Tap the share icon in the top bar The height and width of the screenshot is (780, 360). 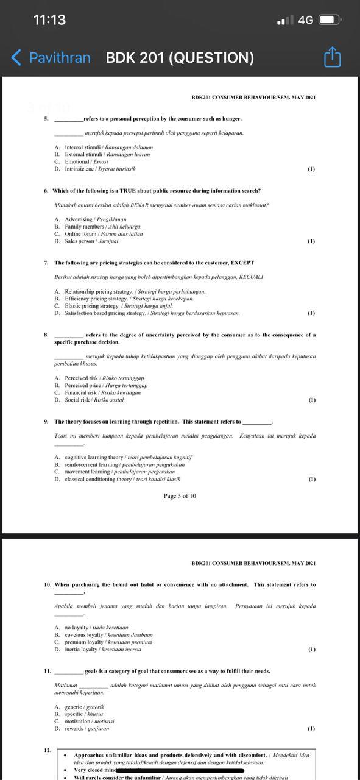(x=332, y=57)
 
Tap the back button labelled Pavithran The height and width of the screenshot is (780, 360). (x=51, y=58)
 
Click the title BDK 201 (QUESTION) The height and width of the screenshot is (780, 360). (x=180, y=58)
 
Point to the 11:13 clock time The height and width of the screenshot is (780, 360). (x=49, y=20)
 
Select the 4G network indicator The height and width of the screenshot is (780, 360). (x=305, y=20)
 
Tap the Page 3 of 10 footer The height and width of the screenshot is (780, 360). (x=180, y=496)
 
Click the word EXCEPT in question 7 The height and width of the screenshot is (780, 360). (x=242, y=263)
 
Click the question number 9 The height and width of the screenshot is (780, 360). (x=46, y=421)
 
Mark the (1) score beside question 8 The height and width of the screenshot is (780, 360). (x=311, y=400)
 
